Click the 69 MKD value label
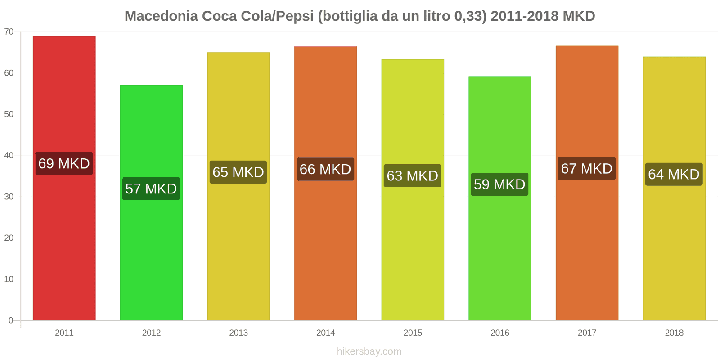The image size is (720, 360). pyautogui.click(x=64, y=163)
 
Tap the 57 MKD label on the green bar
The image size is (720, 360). pyautogui.click(x=151, y=189)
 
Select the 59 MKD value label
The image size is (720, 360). pyautogui.click(x=499, y=184)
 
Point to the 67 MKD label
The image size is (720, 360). pyautogui.click(x=586, y=169)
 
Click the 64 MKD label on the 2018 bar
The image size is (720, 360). pyautogui.click(x=674, y=174)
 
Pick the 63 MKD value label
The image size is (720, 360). pyautogui.click(x=412, y=175)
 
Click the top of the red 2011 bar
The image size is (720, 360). pyautogui.click(x=64, y=37)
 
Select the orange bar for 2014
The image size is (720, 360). pyautogui.click(x=325, y=247)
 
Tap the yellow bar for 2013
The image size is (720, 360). pyautogui.click(x=238, y=247)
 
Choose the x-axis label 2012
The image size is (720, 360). pyautogui.click(x=151, y=333)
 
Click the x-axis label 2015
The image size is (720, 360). pyautogui.click(x=413, y=333)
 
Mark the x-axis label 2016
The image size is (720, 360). pyautogui.click(x=499, y=333)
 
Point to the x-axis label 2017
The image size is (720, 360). pyautogui.click(x=587, y=333)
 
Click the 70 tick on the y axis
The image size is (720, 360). pyautogui.click(x=9, y=31)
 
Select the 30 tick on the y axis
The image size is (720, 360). pyautogui.click(x=9, y=197)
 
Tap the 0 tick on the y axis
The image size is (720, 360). pyautogui.click(x=11, y=320)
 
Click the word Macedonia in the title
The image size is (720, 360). pyautogui.click(x=161, y=16)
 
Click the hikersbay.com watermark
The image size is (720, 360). pyautogui.click(x=369, y=351)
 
